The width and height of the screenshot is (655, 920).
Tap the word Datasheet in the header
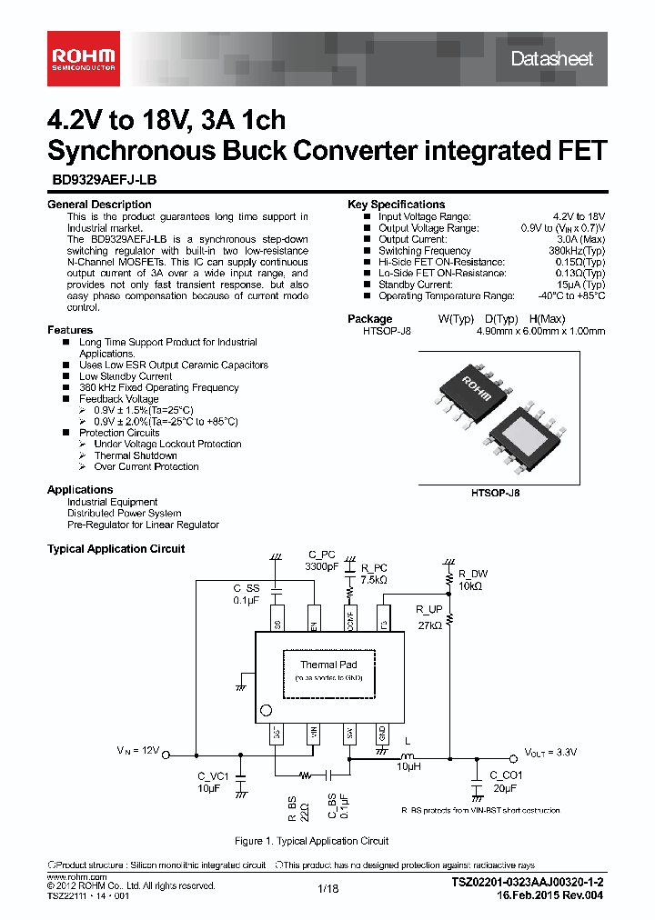(x=551, y=59)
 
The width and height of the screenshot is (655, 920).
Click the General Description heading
(x=99, y=205)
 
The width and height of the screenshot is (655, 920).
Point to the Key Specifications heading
(x=396, y=205)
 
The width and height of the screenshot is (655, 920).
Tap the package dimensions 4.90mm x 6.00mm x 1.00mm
(x=540, y=332)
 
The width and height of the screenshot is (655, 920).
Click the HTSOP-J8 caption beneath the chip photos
(x=495, y=491)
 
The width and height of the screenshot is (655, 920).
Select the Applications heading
(x=80, y=490)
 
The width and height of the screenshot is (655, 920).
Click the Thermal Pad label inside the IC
(x=328, y=665)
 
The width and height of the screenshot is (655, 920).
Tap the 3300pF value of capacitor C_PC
(x=321, y=566)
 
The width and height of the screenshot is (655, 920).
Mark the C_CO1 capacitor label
(x=506, y=775)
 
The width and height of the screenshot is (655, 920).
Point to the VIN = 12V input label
(x=137, y=752)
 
